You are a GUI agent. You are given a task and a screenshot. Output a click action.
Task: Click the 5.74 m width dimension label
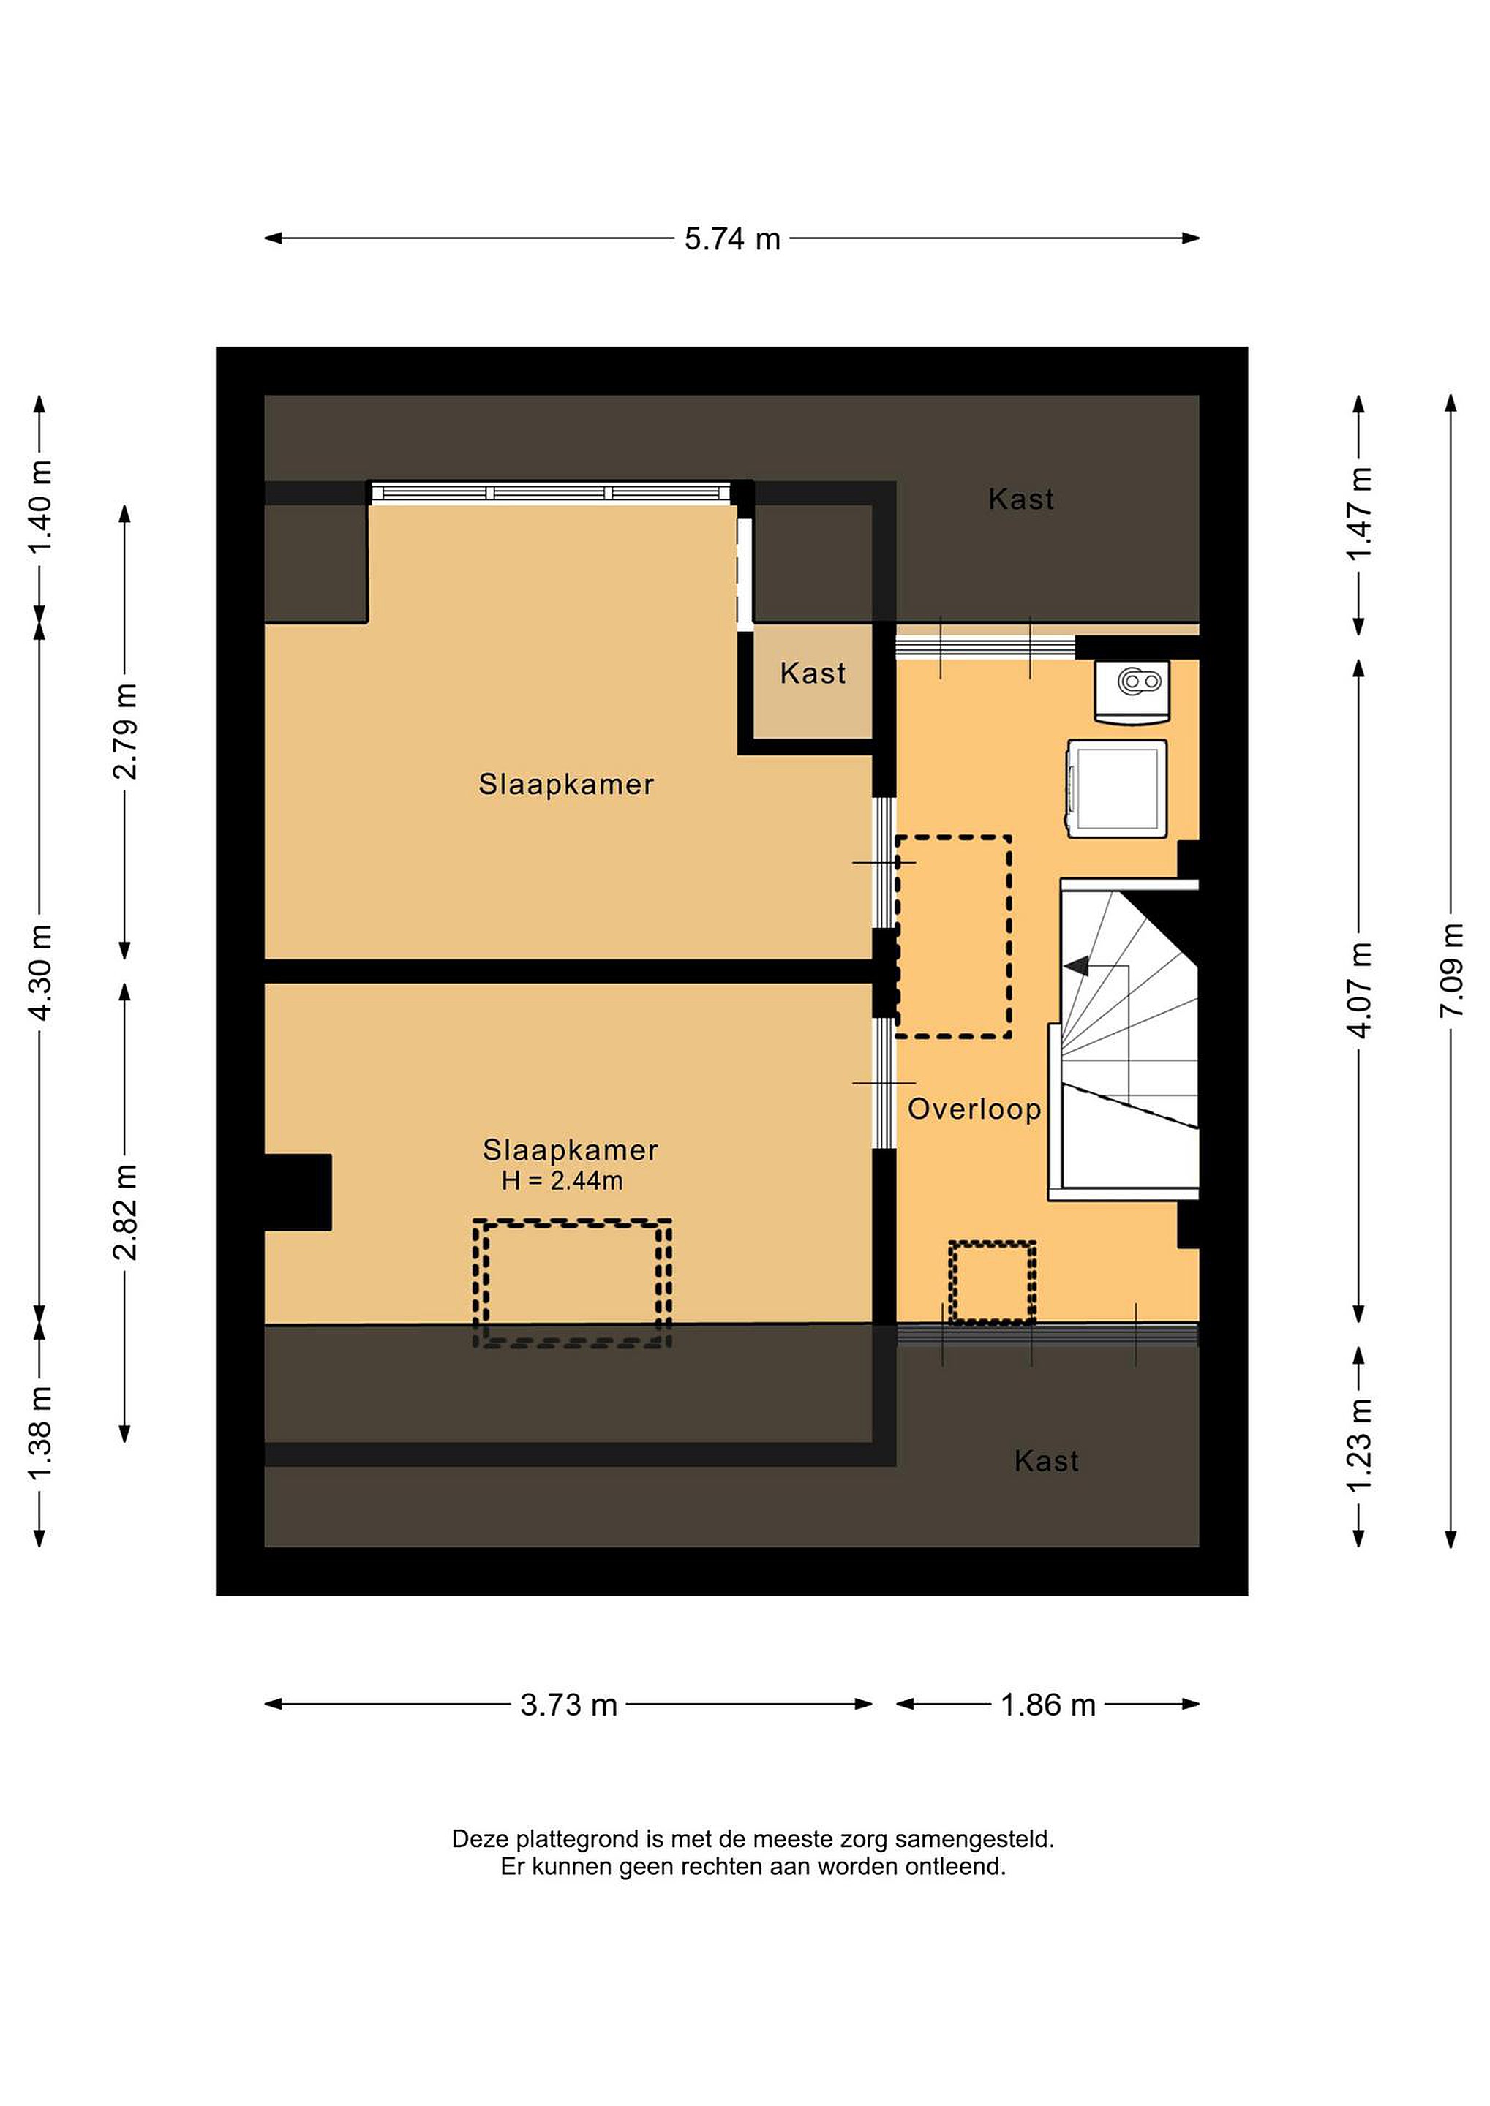pyautogui.click(x=732, y=239)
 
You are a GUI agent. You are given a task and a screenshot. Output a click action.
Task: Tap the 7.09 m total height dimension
pyautogui.click(x=1451, y=970)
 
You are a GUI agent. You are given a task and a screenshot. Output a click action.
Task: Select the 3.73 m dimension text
pyautogui.click(x=569, y=1705)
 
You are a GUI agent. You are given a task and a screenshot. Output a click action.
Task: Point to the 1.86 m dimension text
pyautogui.click(x=1047, y=1705)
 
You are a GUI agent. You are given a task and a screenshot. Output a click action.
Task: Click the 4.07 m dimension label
pyautogui.click(x=1359, y=989)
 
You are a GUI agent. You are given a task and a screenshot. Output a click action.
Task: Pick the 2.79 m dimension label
pyautogui.click(x=125, y=731)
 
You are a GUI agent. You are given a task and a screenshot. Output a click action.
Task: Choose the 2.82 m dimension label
pyautogui.click(x=125, y=1212)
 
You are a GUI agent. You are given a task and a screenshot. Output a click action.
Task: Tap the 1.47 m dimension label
pyautogui.click(x=1359, y=513)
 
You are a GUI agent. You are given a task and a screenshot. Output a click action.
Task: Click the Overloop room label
pyautogui.click(x=974, y=1110)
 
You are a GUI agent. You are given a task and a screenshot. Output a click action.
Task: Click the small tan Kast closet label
pyautogui.click(x=813, y=674)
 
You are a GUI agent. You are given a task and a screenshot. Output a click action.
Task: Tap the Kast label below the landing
pyautogui.click(x=1047, y=1461)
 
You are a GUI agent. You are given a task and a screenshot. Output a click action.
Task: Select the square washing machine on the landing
pyautogui.click(x=1116, y=789)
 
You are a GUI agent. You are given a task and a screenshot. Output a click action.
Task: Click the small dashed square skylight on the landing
pyautogui.click(x=993, y=1283)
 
